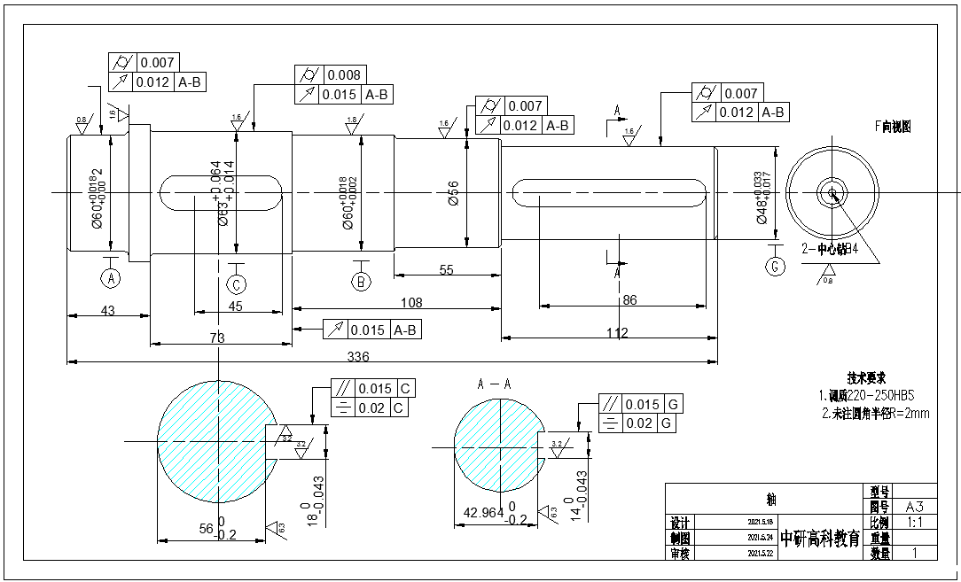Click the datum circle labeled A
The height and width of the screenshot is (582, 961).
tap(111, 278)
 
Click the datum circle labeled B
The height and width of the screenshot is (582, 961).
tap(361, 283)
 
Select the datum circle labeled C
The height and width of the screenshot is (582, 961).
tap(237, 284)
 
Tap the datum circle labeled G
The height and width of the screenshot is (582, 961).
tap(776, 266)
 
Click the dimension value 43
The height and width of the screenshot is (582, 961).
tap(109, 310)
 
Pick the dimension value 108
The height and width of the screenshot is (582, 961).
tap(411, 303)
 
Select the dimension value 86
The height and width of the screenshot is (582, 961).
tap(630, 300)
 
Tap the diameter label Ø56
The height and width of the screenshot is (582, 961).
tap(453, 194)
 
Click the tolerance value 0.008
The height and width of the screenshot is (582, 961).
tap(343, 75)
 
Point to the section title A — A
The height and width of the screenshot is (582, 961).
tap(494, 384)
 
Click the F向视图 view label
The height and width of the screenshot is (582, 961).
tap(893, 127)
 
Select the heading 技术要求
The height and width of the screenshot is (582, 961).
tap(866, 376)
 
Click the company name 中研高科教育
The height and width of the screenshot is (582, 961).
tap(820, 539)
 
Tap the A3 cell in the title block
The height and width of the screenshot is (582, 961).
tap(915, 507)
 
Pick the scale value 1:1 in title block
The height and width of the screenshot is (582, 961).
tap(915, 523)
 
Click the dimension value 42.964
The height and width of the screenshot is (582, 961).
tap(483, 512)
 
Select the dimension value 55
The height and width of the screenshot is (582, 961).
tap(446, 270)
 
